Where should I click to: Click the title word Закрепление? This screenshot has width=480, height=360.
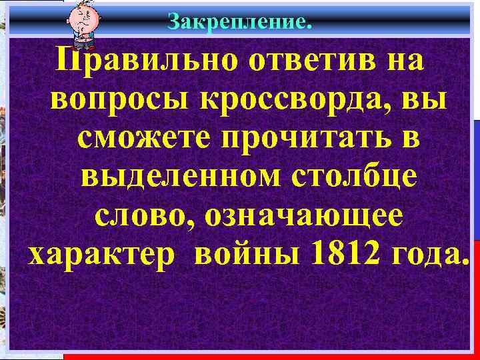point(239,23)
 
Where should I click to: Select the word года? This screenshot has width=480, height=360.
point(427,254)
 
